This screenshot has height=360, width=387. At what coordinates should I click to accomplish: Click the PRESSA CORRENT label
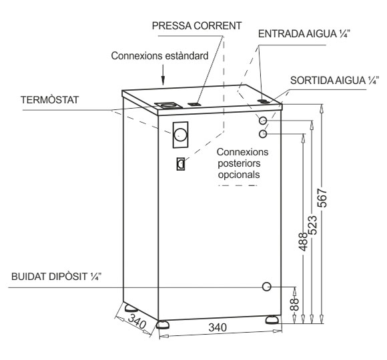(197, 26)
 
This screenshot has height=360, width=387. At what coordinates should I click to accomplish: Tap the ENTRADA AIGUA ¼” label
(304, 34)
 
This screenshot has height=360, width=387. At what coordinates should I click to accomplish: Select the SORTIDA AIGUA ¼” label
(334, 81)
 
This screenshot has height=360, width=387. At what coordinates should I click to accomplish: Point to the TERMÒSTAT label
(49, 100)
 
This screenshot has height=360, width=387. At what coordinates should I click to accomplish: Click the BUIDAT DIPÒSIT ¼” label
(57, 277)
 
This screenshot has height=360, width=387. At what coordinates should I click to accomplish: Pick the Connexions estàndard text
(159, 56)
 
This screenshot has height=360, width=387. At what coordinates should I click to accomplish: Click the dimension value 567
(322, 198)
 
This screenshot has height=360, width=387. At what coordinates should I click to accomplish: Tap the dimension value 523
(313, 225)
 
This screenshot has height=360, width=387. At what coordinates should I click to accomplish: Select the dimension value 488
(304, 241)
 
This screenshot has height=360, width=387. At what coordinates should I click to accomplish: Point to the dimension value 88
(294, 304)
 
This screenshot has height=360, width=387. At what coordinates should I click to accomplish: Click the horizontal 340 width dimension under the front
(218, 327)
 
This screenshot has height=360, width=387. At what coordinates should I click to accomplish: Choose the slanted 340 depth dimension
(137, 321)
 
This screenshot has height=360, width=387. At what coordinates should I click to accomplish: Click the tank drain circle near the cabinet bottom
(266, 287)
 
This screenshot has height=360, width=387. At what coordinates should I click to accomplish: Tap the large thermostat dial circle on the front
(180, 135)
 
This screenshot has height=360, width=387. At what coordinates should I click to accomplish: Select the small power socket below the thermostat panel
(181, 164)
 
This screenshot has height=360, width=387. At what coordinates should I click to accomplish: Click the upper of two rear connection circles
(263, 121)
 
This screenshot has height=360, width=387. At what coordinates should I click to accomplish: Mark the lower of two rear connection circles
(263, 134)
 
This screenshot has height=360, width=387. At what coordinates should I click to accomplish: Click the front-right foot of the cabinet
(272, 319)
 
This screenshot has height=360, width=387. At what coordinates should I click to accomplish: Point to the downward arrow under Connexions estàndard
(163, 75)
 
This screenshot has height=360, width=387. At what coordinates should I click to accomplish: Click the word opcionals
(239, 175)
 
